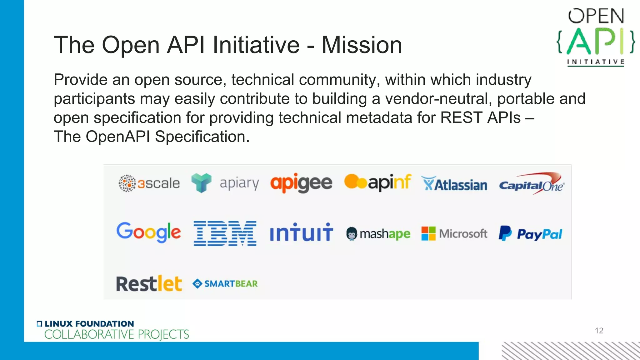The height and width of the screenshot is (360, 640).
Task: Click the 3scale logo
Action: (149, 183)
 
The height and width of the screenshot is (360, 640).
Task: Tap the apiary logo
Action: (225, 183)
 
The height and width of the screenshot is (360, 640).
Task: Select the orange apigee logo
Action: (301, 183)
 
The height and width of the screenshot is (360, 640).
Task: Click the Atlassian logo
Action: (454, 184)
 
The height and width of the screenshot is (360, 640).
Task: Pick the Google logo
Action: (148, 232)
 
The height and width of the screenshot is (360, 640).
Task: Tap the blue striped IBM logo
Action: (225, 233)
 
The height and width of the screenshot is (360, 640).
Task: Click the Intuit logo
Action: (301, 233)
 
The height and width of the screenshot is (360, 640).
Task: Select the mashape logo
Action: (378, 234)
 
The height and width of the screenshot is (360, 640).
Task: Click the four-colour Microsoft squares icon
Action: (428, 233)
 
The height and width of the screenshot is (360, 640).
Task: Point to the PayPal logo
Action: (530, 234)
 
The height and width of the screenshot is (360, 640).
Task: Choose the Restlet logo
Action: (149, 284)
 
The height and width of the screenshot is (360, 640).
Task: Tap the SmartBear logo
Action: (225, 284)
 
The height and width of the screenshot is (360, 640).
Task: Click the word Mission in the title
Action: (362, 45)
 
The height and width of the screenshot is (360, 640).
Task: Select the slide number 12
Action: (599, 331)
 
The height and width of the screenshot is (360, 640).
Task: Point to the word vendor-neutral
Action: (437, 99)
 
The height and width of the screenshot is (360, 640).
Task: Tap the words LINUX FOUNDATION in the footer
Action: (89, 324)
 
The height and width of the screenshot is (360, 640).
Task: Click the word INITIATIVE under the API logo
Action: (596, 62)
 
